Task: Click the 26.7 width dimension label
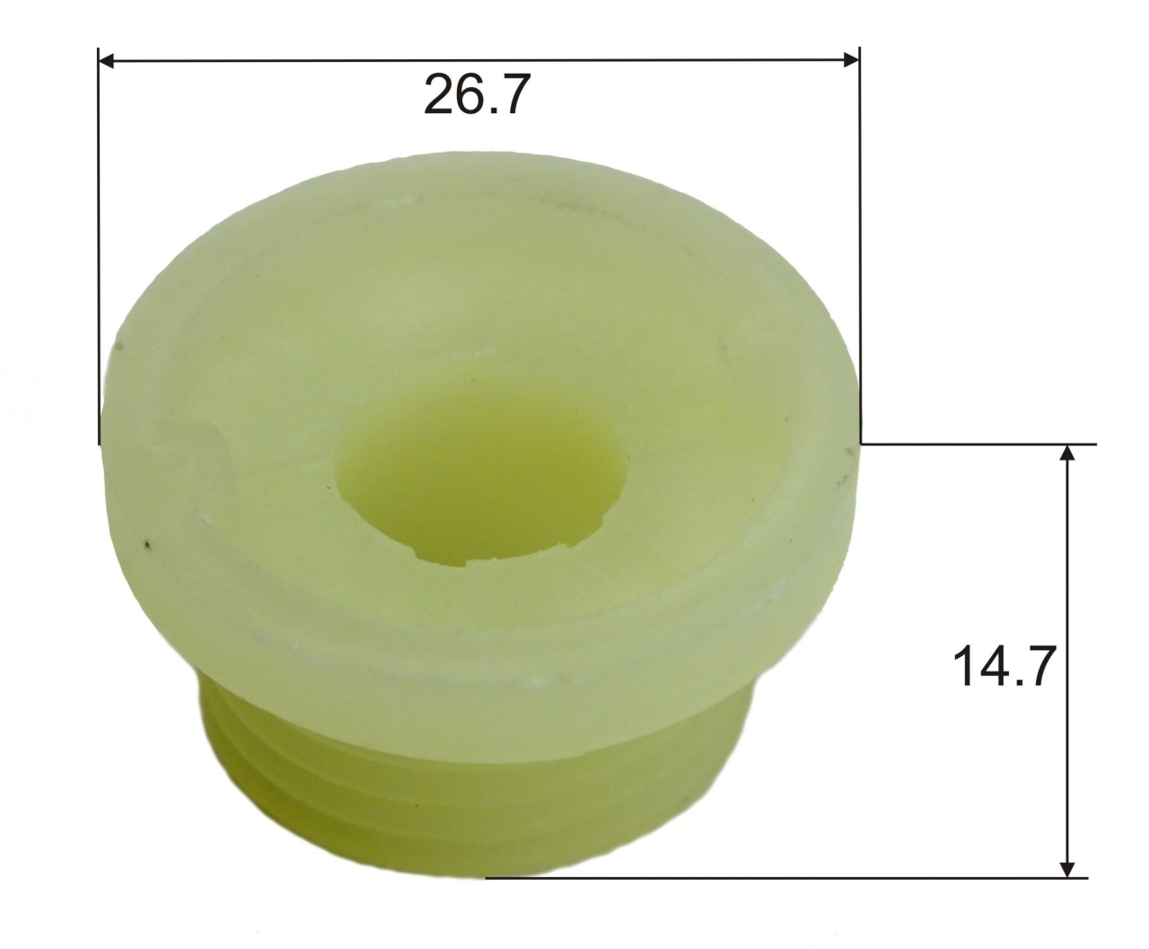pos(478,94)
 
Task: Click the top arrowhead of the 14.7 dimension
pos(1067,453)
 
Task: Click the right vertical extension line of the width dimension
pos(860,246)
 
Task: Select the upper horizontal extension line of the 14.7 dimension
pos(978,444)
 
